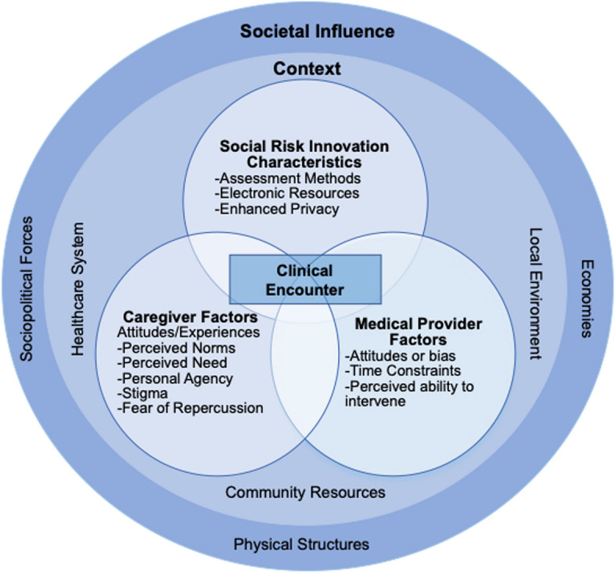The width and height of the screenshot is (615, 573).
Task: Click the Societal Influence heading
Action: point(318,31)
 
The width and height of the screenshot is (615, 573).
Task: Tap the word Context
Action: point(307,69)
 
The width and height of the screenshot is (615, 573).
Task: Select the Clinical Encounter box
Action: point(305,279)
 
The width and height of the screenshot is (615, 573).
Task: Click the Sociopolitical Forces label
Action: point(27,289)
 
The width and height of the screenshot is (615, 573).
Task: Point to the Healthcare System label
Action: point(77,290)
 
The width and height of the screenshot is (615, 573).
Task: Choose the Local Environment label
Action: point(535,294)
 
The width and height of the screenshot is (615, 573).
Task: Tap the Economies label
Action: point(587,298)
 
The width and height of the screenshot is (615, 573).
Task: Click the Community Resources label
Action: point(305,492)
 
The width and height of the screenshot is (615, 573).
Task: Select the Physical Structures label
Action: point(301,544)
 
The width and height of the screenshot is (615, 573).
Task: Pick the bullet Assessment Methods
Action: point(287,178)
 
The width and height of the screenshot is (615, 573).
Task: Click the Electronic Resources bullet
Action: point(286,193)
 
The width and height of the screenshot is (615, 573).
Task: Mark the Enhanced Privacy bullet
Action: point(276,209)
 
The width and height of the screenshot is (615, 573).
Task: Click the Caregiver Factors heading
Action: point(190,317)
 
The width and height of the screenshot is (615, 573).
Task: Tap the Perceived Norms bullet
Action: point(176,348)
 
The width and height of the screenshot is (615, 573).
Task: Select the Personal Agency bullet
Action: point(175,379)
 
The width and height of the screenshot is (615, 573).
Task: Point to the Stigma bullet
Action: point(142,393)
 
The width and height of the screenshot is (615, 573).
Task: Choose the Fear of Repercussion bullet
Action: point(190,408)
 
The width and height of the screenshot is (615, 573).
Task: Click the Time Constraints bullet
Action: point(403,370)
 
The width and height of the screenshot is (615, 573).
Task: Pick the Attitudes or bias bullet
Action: point(401,356)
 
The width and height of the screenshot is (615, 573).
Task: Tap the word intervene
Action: point(375,401)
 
